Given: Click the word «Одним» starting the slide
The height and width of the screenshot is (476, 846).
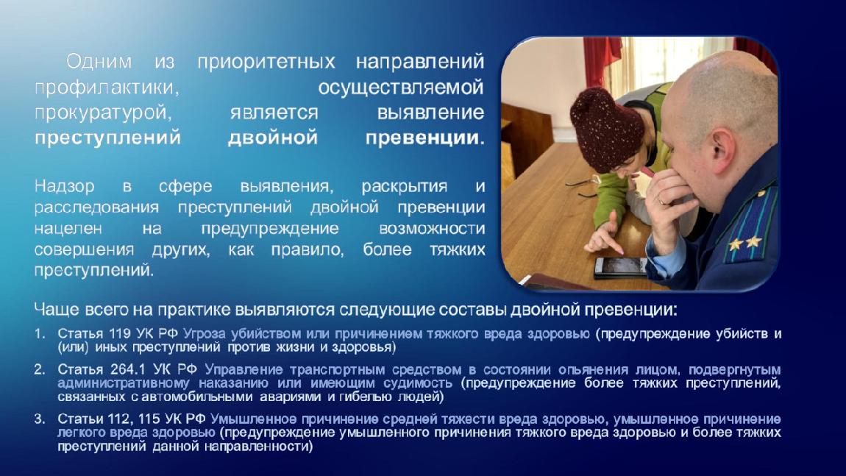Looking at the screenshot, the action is coord(99,62).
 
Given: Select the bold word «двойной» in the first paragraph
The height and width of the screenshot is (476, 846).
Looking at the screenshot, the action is coord(272,138).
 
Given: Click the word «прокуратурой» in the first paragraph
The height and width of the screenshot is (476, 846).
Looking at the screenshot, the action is coord(103,113).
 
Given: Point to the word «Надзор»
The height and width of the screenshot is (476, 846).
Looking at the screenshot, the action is coord(64,186).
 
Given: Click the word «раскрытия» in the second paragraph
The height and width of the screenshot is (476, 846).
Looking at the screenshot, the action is coord(404,186).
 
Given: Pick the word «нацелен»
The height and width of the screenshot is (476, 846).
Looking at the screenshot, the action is coord(68,229).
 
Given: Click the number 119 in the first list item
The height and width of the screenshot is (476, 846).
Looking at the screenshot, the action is coord(120,333).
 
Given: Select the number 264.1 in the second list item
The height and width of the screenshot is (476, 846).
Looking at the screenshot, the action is coord(128,369).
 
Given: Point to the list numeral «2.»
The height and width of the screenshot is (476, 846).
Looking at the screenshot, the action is coord(40,369).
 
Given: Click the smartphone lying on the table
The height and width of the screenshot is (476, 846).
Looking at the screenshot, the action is coord(620,266).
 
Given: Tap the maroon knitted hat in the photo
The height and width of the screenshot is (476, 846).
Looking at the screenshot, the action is coord(607,129).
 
